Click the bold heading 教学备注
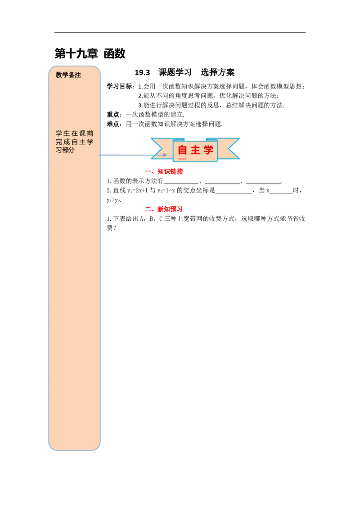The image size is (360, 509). coord(68,75)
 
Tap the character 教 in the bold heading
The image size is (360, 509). coord(59,75)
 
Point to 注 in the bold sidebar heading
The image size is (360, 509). coord(78,75)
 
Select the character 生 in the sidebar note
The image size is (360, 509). coord(67,134)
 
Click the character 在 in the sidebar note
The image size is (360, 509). coord(74,134)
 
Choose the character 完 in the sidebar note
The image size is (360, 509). coord(59,142)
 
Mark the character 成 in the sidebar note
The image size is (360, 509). coord(67,142)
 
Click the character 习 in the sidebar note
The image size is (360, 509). coord(58,150)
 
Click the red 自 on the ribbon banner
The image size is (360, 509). coord(182,150)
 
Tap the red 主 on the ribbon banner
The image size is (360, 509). coord(195,150)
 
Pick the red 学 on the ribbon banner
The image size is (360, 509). coord(208,150)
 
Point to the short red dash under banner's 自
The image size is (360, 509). coord(182,159)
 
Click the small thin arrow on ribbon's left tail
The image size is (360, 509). coord(160,155)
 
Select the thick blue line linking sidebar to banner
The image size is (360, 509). coord(126,156)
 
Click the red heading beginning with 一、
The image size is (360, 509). coord(164,172)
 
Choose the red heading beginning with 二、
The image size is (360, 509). coord(164,209)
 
